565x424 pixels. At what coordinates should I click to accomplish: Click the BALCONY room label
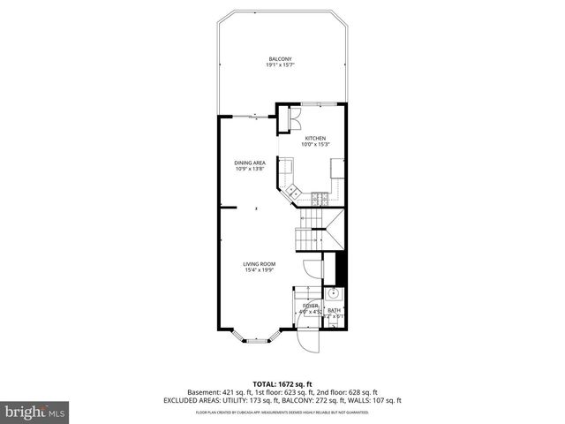(x=281, y=59)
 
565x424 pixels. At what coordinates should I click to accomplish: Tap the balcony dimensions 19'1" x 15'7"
(x=281, y=65)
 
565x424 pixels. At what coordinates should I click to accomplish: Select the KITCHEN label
(x=315, y=139)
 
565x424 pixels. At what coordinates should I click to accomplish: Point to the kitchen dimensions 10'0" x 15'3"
(x=315, y=145)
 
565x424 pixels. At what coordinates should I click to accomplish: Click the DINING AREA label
(x=250, y=163)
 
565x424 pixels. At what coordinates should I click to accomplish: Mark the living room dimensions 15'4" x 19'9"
(x=260, y=270)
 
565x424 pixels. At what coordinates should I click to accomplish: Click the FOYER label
(x=310, y=306)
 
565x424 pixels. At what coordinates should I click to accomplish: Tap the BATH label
(x=334, y=310)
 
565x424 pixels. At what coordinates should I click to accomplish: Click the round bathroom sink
(x=335, y=294)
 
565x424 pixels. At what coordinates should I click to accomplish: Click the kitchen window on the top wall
(x=314, y=105)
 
